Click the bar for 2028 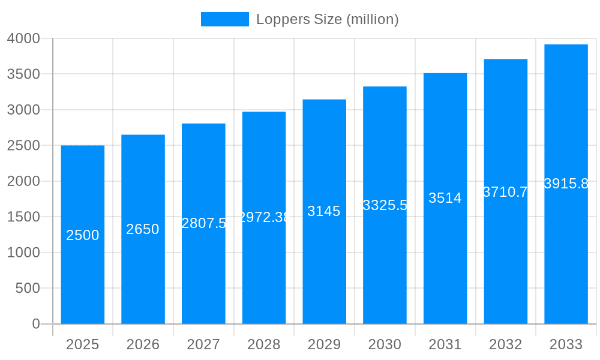click(x=264, y=270)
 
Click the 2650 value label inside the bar click(x=143, y=229)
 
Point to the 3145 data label click(x=324, y=211)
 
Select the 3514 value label click(x=445, y=198)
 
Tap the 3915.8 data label click(x=566, y=184)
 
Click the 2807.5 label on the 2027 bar click(x=203, y=223)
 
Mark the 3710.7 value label click(x=505, y=192)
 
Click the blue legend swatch click(x=225, y=19)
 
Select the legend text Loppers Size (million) click(x=328, y=19)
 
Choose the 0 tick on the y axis click(x=36, y=324)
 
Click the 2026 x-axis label click(x=143, y=345)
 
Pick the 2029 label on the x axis click(x=324, y=345)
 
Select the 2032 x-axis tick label click(x=505, y=345)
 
